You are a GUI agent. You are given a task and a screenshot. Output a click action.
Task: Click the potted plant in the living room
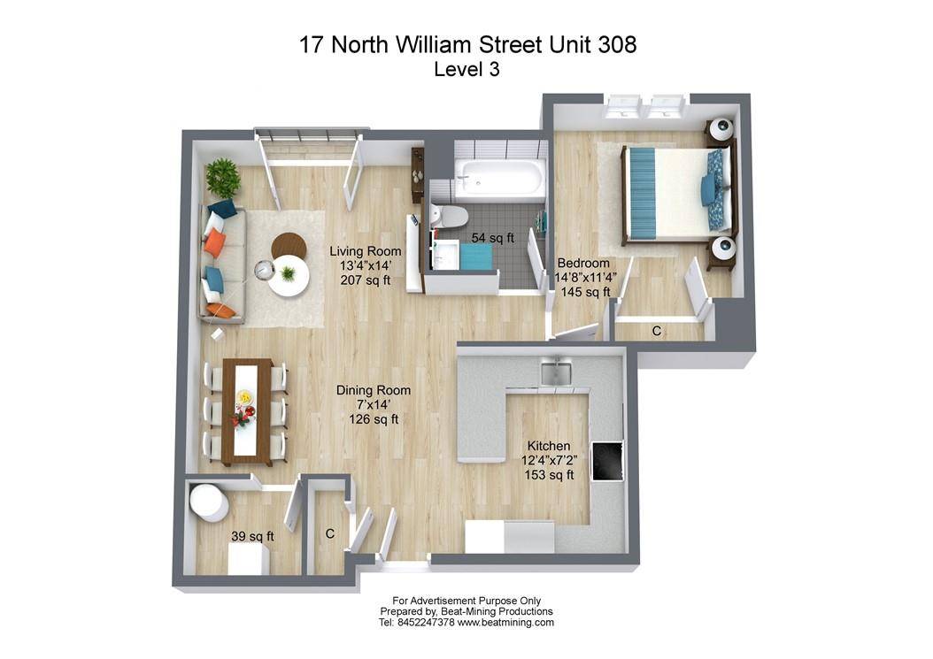(223, 178)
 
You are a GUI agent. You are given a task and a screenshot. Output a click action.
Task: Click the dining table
(247, 410)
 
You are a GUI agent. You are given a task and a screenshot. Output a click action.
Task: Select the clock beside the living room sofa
(264, 271)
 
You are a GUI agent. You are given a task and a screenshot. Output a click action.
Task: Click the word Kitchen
(549, 446)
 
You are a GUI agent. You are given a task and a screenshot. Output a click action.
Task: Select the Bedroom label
(583, 263)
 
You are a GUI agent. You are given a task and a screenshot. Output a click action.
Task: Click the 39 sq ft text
(252, 536)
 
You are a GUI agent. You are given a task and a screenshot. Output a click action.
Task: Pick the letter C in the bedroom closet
(656, 331)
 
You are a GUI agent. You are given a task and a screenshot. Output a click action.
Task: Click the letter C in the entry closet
(329, 534)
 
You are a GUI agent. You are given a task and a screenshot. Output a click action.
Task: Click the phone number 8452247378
(424, 623)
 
